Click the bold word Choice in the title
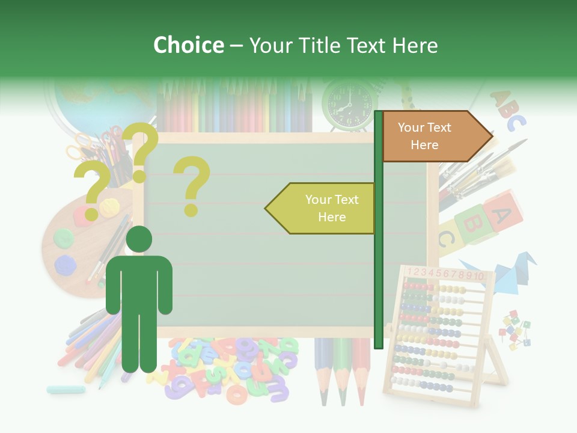point(188,45)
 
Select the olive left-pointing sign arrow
point(322,208)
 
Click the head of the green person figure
point(139,239)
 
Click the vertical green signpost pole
point(378,229)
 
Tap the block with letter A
point(504,212)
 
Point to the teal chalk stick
point(66,390)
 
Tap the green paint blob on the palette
point(63,238)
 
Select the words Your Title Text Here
point(343,45)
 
